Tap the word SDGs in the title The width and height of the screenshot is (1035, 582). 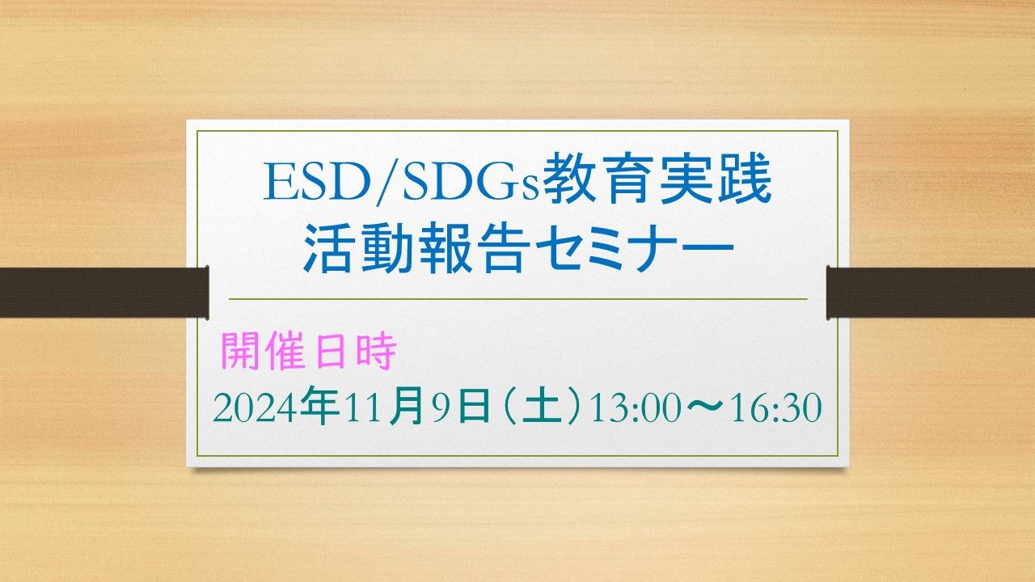(x=470, y=182)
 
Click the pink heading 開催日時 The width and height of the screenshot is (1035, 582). (x=309, y=351)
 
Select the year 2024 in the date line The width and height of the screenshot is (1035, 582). (x=254, y=408)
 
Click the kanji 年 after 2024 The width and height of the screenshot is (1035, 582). (x=319, y=405)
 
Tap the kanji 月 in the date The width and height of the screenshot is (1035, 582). (x=407, y=405)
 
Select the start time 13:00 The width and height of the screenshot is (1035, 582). (x=636, y=408)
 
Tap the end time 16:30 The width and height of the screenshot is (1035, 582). (x=776, y=408)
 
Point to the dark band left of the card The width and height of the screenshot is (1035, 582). (x=104, y=293)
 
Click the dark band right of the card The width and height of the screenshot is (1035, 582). (x=931, y=293)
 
